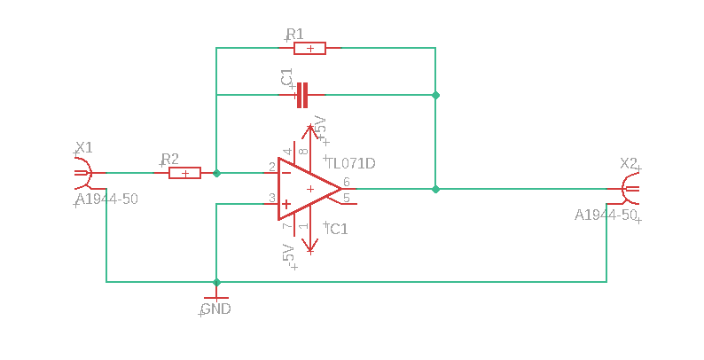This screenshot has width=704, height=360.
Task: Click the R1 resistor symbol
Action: [x=309, y=48]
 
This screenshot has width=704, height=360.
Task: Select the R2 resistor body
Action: [x=184, y=173]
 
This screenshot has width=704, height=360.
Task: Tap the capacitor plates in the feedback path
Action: [x=302, y=95]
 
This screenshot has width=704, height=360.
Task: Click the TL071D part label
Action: [x=351, y=163]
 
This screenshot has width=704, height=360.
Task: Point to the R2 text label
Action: [x=170, y=159]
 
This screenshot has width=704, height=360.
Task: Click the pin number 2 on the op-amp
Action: [x=272, y=168]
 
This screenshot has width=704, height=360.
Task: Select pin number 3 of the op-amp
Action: [x=272, y=198]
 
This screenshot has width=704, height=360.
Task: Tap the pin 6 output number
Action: [x=346, y=183]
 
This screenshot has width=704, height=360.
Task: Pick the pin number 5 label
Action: [x=346, y=198]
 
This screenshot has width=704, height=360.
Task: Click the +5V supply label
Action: [x=320, y=127]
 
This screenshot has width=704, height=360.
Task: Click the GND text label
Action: [x=216, y=309]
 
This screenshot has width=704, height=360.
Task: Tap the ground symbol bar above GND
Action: [x=216, y=298]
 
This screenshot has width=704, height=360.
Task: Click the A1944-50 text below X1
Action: [x=107, y=199]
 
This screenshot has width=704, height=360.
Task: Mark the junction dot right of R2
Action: [x=216, y=173]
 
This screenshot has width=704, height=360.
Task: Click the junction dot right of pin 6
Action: [x=435, y=189]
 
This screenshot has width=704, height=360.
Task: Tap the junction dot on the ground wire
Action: [x=216, y=282]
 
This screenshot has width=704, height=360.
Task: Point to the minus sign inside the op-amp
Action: [x=286, y=173]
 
